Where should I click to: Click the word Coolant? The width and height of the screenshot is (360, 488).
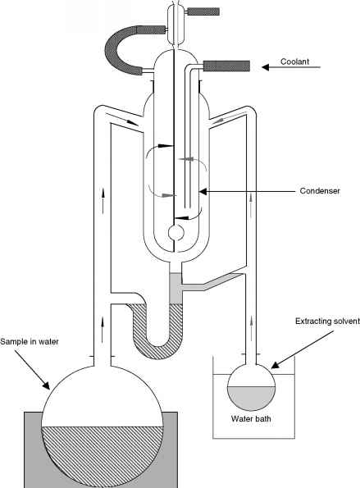294,62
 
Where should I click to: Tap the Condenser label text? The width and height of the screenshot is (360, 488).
320,191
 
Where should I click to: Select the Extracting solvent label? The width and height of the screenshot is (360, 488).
327,322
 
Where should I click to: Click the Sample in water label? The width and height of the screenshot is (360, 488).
30,341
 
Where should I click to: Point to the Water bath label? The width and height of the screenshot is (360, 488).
251,418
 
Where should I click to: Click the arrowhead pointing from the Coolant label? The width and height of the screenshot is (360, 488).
265,67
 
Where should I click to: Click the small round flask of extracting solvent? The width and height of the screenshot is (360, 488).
252,387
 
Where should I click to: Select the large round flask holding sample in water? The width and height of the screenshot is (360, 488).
103,426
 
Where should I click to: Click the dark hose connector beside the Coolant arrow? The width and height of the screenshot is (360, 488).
227,66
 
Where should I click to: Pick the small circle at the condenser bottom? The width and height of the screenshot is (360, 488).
176,233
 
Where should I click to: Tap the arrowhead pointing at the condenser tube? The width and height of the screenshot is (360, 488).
203,191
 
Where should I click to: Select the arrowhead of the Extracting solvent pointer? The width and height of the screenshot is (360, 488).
275,365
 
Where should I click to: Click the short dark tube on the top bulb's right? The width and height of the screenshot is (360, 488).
203,11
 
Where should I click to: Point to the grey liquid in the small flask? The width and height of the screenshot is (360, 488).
252,399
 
